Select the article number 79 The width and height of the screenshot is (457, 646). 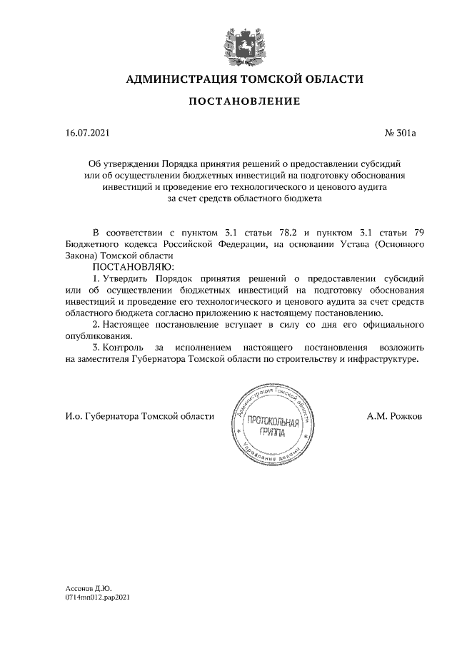pyautogui.click(x=421, y=233)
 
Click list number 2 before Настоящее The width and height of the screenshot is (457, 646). pyautogui.click(x=96, y=325)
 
